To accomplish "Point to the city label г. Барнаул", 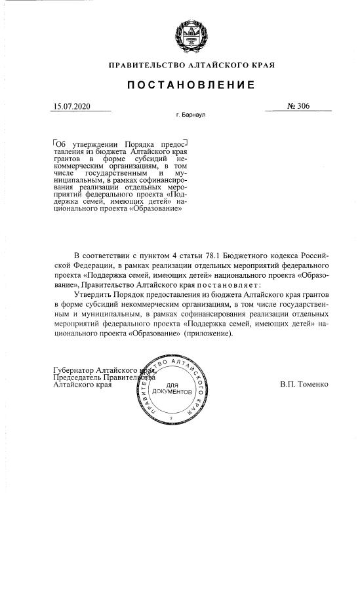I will pyautogui.click(x=191, y=115).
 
